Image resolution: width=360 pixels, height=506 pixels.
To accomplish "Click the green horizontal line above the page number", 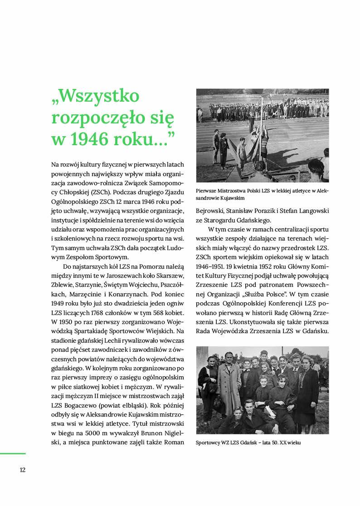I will pos(13,453).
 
